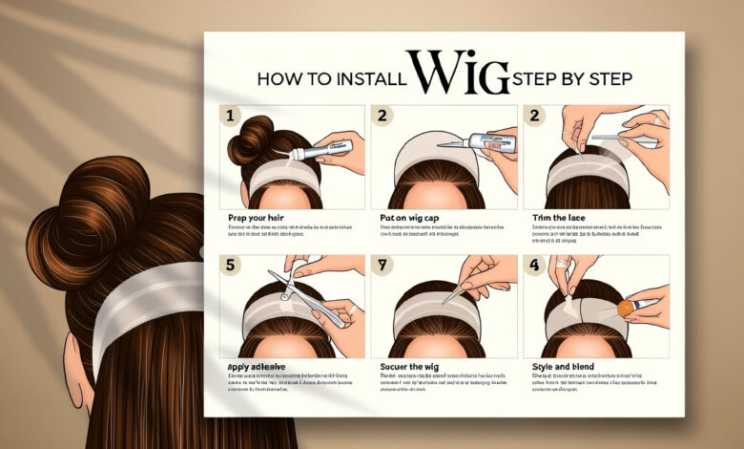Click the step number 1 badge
coord(229,117)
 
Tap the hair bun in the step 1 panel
coord(250,139)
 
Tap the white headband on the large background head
coord(143,296)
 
